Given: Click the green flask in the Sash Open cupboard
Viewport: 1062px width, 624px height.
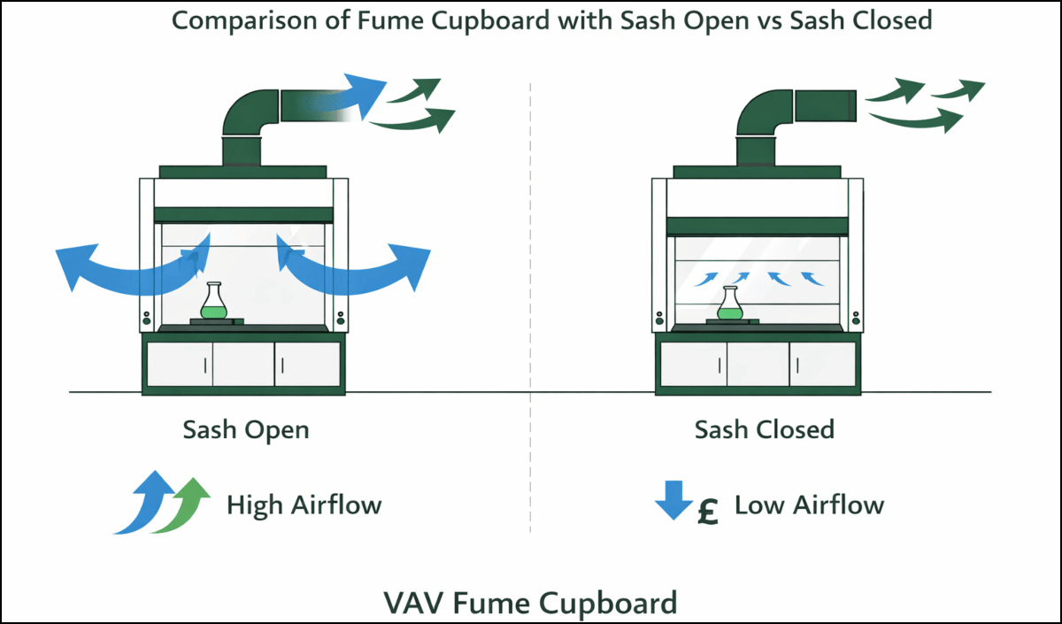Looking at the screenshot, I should coord(212,305).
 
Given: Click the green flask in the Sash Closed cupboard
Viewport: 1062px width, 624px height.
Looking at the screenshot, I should coord(728,305).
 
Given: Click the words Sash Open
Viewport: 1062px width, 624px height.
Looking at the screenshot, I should coord(246,430).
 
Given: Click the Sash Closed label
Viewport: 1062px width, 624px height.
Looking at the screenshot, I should coord(764,430).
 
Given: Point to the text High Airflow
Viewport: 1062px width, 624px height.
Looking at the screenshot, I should coord(304,505).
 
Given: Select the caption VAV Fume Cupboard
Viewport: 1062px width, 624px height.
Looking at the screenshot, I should coord(530,603).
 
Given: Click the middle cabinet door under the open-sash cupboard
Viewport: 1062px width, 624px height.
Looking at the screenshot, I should coord(243,363).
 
